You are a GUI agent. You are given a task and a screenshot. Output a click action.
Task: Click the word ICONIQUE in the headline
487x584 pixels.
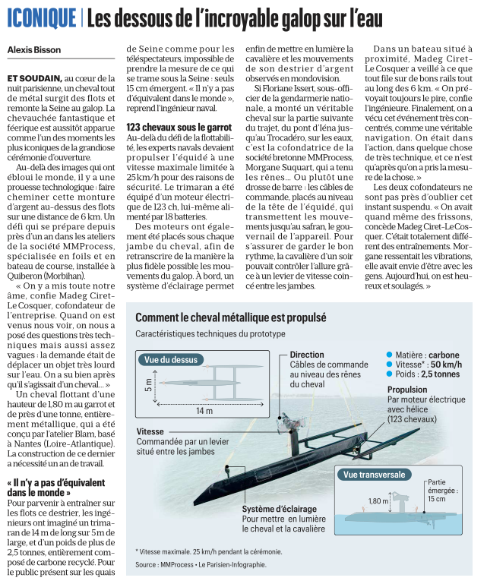click(x=41, y=17)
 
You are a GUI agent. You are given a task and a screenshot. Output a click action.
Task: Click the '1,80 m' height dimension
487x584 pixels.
click(x=378, y=501)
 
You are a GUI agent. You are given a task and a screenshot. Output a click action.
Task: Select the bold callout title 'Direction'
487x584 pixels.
click(x=307, y=355)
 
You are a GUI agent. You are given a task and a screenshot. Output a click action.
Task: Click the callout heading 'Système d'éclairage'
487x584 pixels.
click(x=280, y=508)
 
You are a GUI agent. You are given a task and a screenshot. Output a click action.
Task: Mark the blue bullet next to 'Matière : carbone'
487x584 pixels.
click(x=390, y=355)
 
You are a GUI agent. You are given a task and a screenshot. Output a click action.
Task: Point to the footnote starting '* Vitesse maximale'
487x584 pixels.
click(x=208, y=551)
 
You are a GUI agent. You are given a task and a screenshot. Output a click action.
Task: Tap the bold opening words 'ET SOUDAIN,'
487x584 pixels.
click(x=33, y=78)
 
